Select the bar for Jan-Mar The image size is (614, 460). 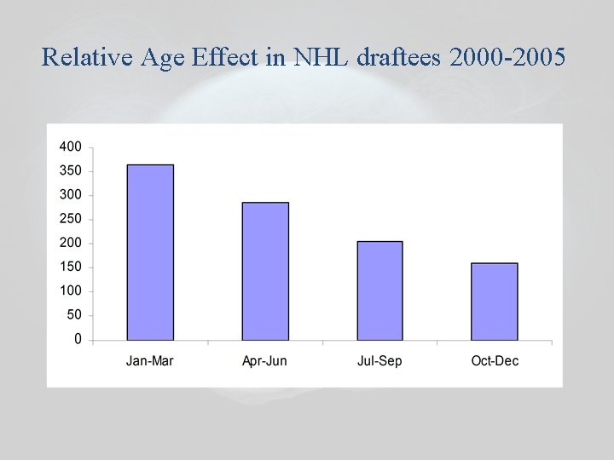tap(150, 253)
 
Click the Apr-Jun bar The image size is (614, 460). tap(265, 272)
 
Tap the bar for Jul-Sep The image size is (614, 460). tap(379, 291)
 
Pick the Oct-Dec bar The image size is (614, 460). tap(495, 302)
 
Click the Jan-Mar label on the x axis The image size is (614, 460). tap(150, 361)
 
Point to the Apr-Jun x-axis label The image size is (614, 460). tap(264, 361)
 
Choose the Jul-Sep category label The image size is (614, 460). tap(379, 361)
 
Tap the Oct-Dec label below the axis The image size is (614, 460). tap(495, 361)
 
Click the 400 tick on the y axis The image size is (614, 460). tap(71, 147)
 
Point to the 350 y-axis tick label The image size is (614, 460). tap(71, 170)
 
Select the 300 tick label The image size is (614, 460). tap(71, 195)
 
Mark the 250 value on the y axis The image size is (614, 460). tap(71, 219)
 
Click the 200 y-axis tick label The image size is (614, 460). tap(71, 243)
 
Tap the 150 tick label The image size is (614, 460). tap(71, 267)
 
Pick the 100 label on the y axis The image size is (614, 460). tap(71, 291)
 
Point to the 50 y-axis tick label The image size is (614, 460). tap(74, 315)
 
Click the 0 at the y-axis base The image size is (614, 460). tap(78, 339)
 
